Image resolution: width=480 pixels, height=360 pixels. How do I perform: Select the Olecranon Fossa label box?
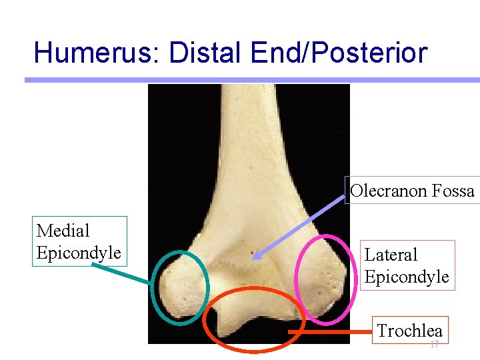pyautogui.click(x=412, y=191)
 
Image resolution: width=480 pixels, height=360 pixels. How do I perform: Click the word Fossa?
pyautogui.click(x=453, y=191)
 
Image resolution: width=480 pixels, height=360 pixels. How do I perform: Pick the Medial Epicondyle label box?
pyautogui.click(x=79, y=241)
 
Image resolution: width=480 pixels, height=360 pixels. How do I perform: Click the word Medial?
pyautogui.click(x=63, y=231)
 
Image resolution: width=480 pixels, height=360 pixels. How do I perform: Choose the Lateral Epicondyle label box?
pyautogui.click(x=407, y=265)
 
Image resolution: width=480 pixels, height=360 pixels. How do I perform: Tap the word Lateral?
pyautogui.click(x=391, y=255)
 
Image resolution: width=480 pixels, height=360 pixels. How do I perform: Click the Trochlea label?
pyautogui.click(x=409, y=330)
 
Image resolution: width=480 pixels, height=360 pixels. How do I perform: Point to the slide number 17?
pyautogui.click(x=434, y=345)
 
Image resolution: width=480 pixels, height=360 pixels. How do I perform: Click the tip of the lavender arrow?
pyautogui.click(x=255, y=257)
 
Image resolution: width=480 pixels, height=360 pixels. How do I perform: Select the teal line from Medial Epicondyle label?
pyautogui.click(x=120, y=273)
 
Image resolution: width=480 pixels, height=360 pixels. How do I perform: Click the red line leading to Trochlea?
pyautogui.click(x=330, y=331)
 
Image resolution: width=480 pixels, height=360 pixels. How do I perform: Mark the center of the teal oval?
pyautogui.click(x=181, y=287)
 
